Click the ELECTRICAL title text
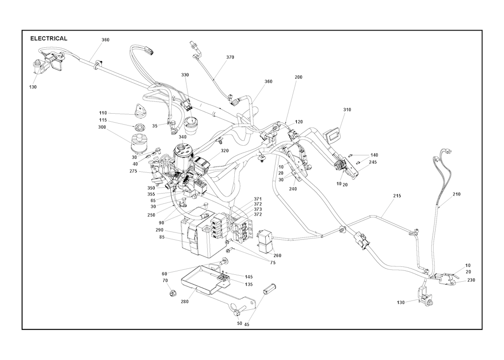pos(49,38)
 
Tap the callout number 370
pos(230,57)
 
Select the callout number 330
pos(185,75)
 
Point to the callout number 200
pos(298,77)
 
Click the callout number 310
pos(347,110)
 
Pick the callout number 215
pos(397,196)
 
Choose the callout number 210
pos(456,194)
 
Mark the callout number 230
pos(471,280)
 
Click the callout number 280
pos(185,301)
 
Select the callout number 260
pos(277,256)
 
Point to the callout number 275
pos(133,171)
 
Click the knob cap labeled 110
pos(140,109)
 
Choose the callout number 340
pos(183,137)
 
